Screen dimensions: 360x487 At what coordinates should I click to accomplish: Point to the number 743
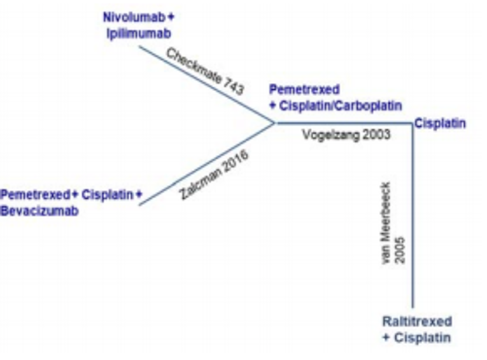coord(233,87)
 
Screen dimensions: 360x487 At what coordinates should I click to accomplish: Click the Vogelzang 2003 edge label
coord(346,135)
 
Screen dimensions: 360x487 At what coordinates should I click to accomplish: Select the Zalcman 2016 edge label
coord(213,173)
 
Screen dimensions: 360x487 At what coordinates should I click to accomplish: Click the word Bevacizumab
coord(39,212)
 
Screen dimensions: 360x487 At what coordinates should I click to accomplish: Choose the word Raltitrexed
coord(417,322)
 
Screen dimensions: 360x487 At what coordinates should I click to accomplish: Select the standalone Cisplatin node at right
coord(440,123)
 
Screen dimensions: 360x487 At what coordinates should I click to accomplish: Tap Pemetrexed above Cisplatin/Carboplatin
coord(304,90)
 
